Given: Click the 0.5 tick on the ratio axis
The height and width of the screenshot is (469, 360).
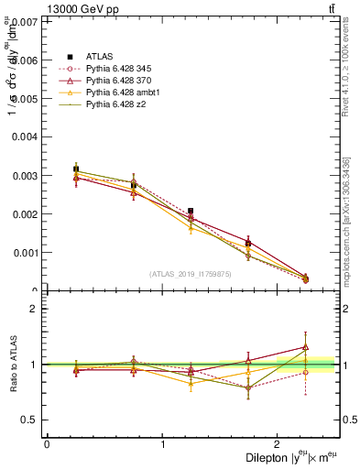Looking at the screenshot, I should click(x=29, y=420).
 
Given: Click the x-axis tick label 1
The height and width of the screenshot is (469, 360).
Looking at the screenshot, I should click(x=162, y=444).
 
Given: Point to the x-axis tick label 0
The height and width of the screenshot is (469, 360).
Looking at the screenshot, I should click(x=47, y=444).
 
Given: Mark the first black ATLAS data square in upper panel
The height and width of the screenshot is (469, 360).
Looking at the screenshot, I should click(x=76, y=169).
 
